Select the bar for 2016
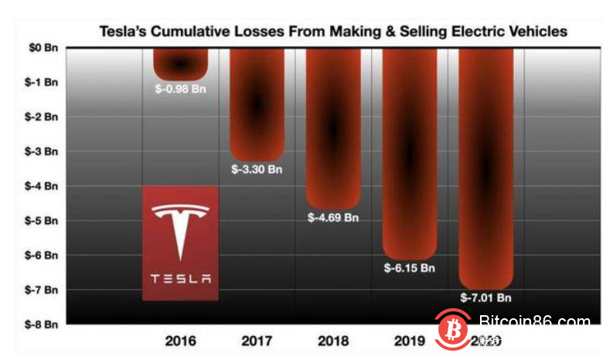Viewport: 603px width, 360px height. [181, 62]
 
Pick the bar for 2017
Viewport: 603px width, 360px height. [257, 104]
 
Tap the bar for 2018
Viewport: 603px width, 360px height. [333, 127]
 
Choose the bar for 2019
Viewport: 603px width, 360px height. [410, 155]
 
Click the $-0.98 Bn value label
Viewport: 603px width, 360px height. [181, 88]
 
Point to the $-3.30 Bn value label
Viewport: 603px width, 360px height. [257, 169]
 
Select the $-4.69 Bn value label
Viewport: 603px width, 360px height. [333, 218]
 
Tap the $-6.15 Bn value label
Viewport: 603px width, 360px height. [410, 269]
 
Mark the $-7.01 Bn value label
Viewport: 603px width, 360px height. [486, 298]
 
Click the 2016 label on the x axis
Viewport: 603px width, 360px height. [181, 341]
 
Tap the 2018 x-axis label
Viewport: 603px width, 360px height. [333, 341]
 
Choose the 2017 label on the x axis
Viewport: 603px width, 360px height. [257, 341]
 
